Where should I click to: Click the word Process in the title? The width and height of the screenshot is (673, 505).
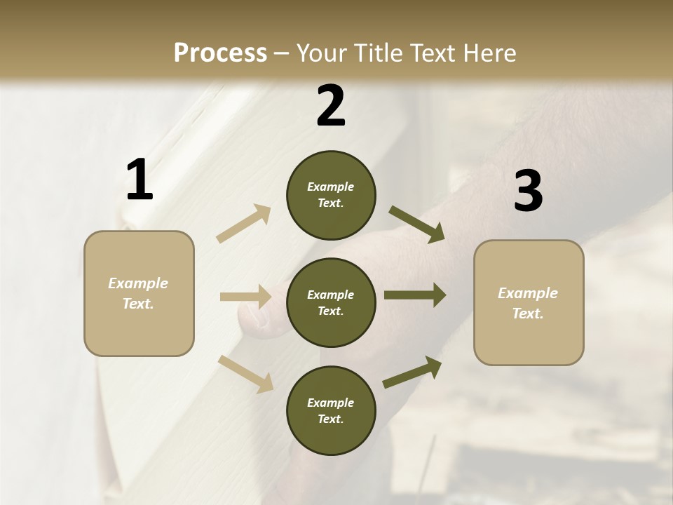tap(220, 53)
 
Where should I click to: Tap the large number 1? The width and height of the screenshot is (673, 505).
tap(140, 180)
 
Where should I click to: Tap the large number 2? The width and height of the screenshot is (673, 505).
tap(331, 106)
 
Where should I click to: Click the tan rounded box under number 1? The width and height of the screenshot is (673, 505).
tap(139, 293)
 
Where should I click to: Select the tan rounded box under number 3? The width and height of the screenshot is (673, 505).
tap(529, 303)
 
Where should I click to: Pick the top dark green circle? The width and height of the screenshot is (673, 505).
tap(331, 195)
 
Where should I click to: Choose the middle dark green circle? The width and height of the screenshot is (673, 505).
tap(331, 303)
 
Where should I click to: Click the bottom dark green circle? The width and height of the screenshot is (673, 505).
tap(331, 411)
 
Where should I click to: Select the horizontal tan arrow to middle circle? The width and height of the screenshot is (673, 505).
tap(245, 297)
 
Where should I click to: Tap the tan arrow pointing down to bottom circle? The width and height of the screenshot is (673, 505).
tap(245, 373)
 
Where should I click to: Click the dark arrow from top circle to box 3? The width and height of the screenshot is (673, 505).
tap(416, 224)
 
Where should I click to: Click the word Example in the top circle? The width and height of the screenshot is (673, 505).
tap(331, 187)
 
